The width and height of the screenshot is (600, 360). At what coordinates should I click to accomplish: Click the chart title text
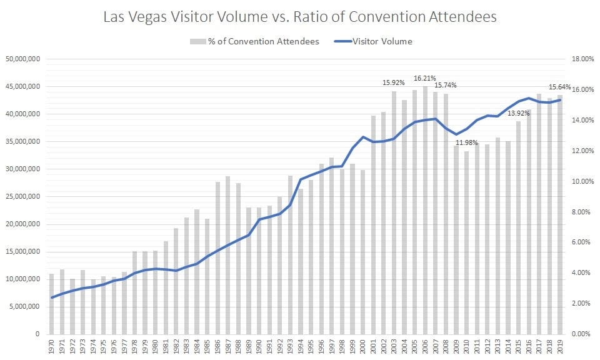[301, 17]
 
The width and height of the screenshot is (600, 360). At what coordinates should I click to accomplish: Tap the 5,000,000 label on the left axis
[23, 307]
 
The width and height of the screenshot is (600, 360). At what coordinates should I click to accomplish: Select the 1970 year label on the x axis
[52, 349]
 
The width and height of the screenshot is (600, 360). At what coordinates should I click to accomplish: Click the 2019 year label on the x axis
[560, 349]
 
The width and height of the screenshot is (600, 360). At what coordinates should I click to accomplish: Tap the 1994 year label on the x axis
[301, 349]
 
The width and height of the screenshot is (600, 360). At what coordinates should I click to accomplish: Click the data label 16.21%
[426, 79]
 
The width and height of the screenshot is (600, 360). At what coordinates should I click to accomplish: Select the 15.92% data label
[394, 82]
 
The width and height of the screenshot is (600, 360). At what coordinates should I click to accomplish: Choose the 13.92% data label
[519, 113]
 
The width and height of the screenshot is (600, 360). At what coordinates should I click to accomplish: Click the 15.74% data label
[446, 85]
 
